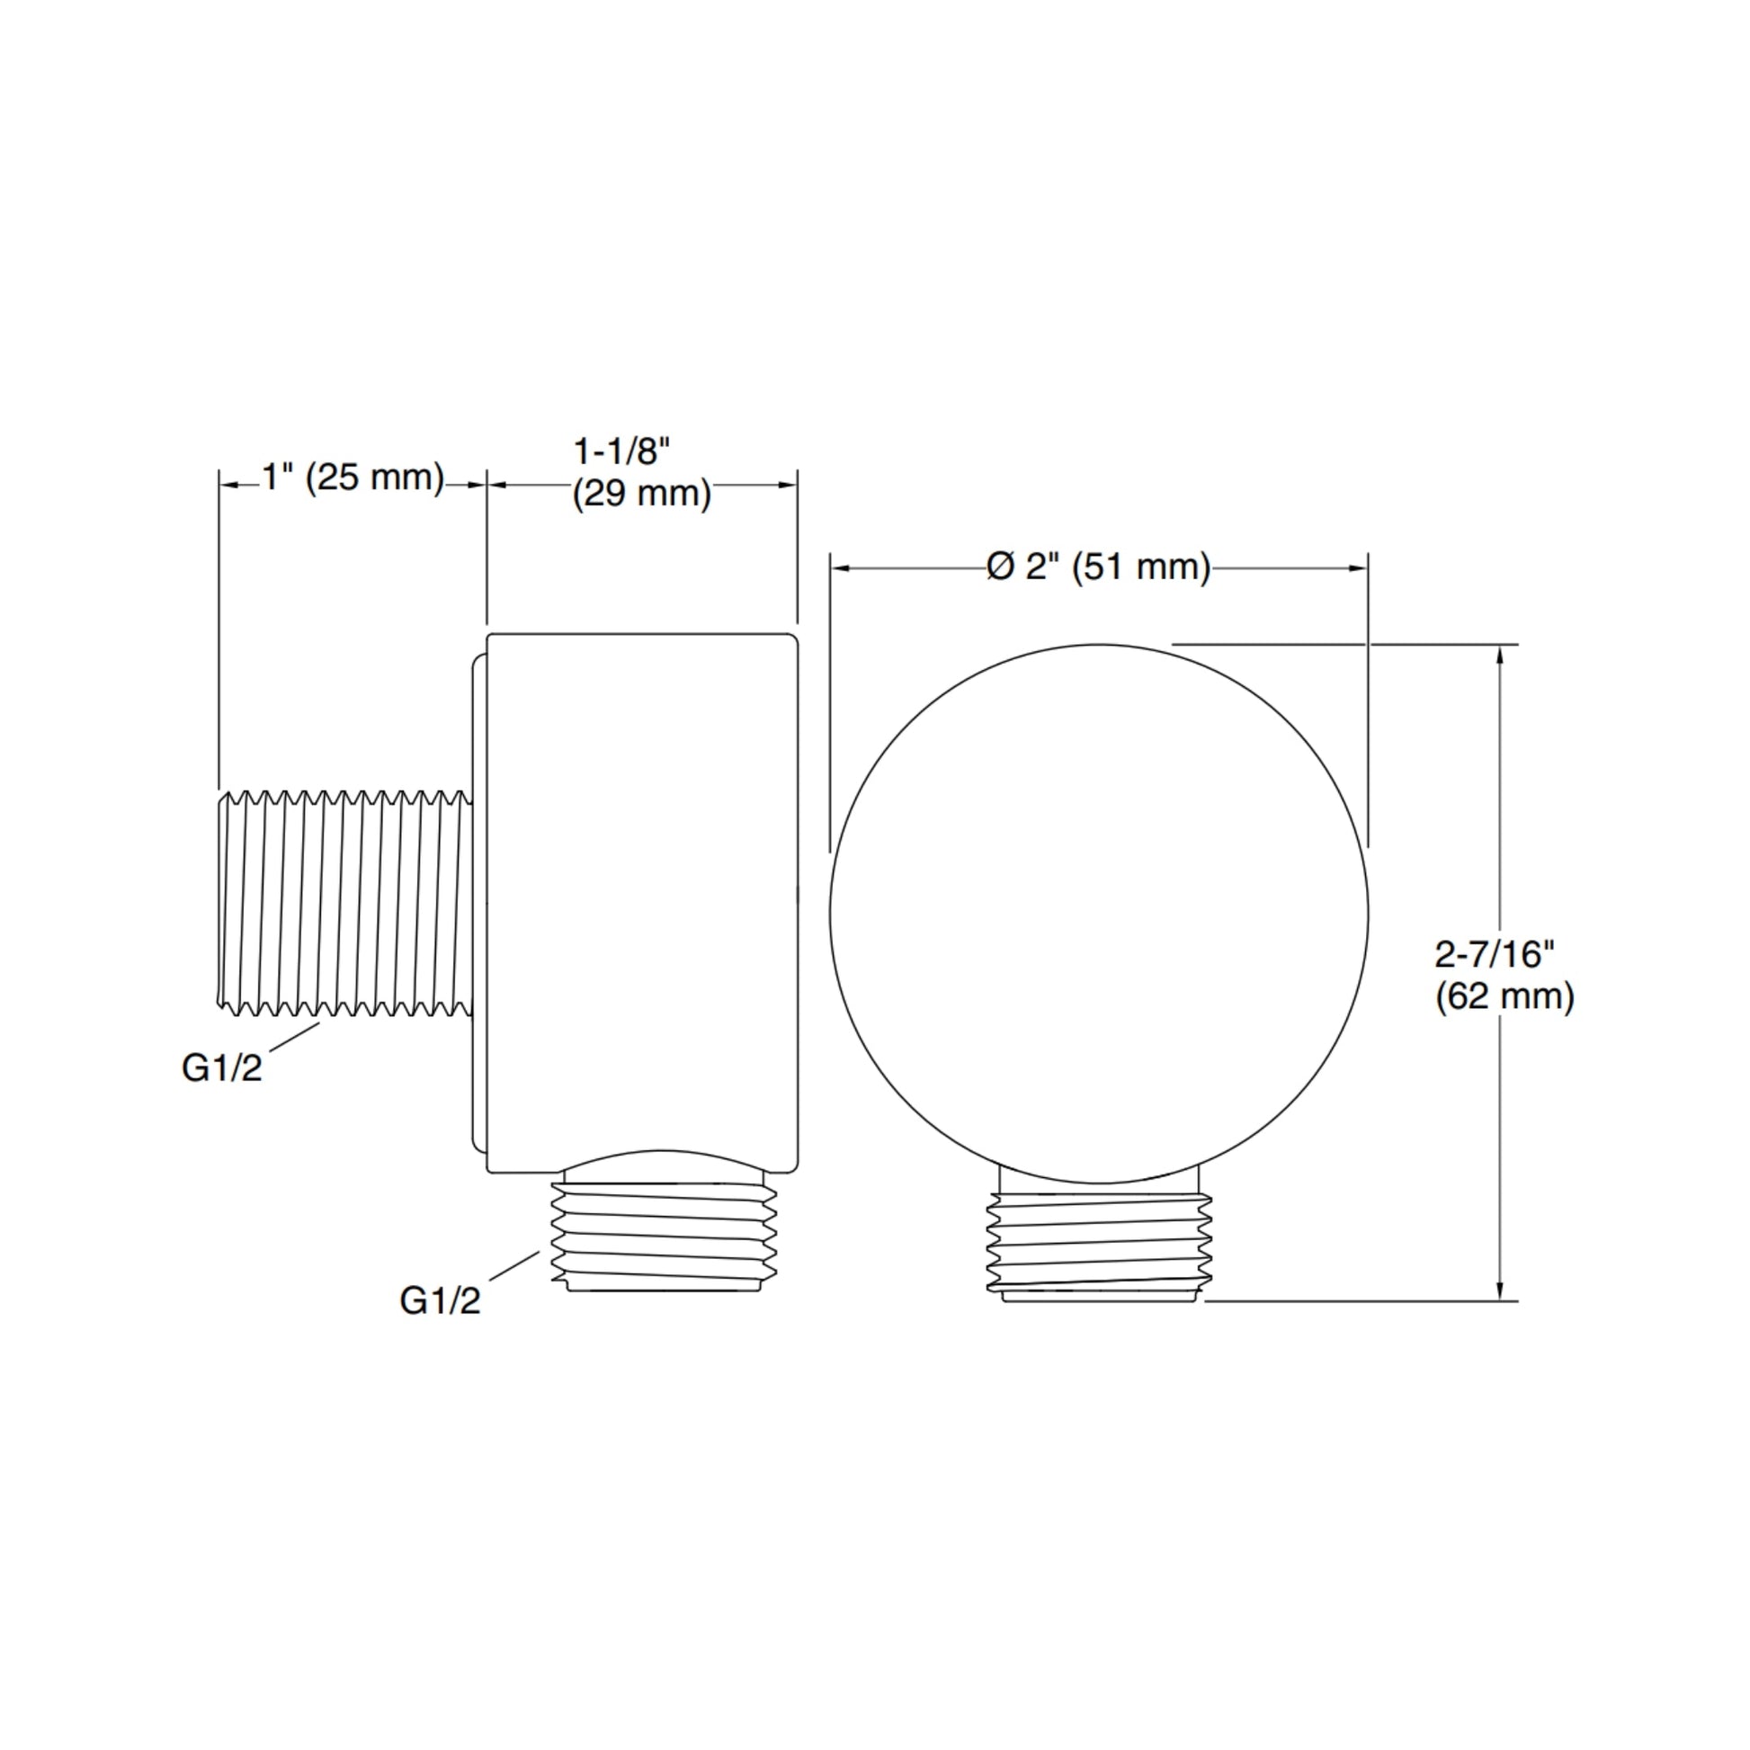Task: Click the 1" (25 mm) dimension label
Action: (x=353, y=478)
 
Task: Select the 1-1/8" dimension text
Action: (x=622, y=451)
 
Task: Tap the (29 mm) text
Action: (x=641, y=495)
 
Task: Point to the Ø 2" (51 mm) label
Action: (x=1099, y=568)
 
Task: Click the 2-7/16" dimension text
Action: (x=1495, y=954)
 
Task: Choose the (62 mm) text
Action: (x=1504, y=997)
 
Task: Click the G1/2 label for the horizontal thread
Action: (x=222, y=1069)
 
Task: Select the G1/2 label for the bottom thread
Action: (x=441, y=1301)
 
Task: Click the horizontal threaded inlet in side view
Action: (x=345, y=903)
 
